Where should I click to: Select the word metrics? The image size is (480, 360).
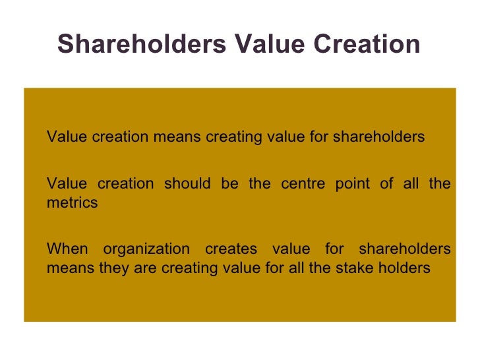pyautogui.click(x=72, y=203)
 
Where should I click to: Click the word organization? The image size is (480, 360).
pyautogui.click(x=146, y=250)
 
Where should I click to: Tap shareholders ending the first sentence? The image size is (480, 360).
pyautogui.click(x=378, y=137)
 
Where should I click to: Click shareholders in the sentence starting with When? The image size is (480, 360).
pyautogui.click(x=404, y=249)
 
